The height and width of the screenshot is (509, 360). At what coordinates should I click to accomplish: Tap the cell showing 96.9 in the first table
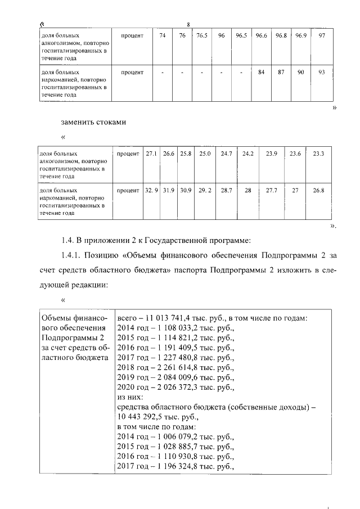tap(301, 35)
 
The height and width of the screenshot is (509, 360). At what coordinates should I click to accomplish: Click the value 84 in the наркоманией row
tap(261, 72)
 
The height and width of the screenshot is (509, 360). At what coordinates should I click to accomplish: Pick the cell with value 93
tap(321, 72)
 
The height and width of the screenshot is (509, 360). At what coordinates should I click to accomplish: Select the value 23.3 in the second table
tap(318, 154)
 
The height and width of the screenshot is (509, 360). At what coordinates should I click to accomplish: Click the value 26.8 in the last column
tap(318, 191)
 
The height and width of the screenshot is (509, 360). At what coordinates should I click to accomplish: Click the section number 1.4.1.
tap(73, 256)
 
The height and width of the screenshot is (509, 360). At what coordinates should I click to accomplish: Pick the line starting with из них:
tap(131, 397)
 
